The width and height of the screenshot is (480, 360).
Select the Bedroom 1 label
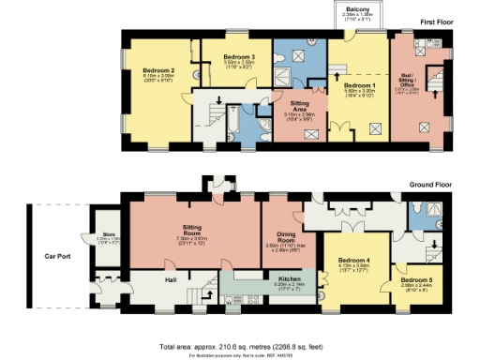361,85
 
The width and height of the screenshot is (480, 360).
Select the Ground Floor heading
429,186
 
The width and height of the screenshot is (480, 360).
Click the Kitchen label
262,278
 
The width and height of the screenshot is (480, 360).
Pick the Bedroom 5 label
417,280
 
